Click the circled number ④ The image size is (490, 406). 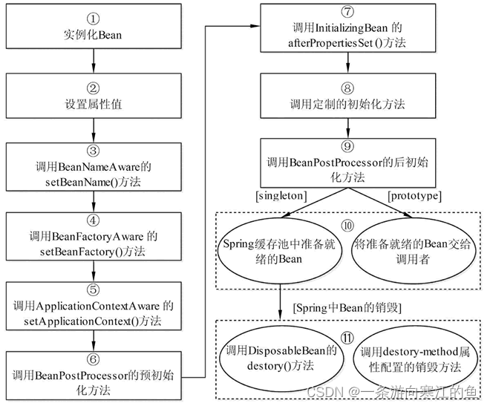coord(94,220)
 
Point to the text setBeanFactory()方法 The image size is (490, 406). coord(94,252)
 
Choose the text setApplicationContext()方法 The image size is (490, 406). coord(94,321)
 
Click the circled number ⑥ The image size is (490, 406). coord(94,359)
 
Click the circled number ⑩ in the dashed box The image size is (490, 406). coord(347,226)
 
